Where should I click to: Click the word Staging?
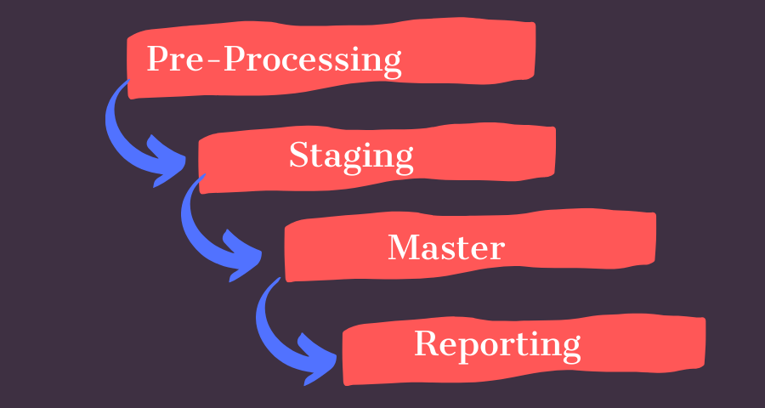351,156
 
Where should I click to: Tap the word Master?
446,247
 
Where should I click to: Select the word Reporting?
497,344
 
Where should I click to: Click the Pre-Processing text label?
274,60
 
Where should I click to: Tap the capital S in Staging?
298,155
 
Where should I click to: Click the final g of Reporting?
570,348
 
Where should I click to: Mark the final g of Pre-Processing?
390,65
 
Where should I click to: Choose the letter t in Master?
464,247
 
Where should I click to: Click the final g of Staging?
403,160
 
